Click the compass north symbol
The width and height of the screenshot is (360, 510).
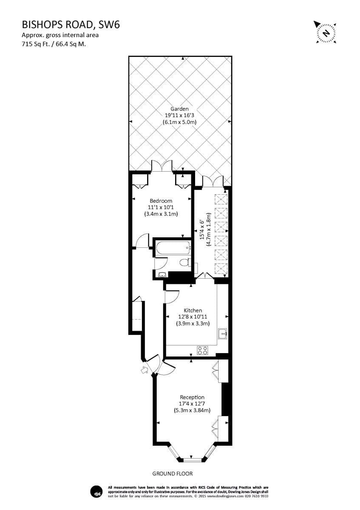tap(326, 32)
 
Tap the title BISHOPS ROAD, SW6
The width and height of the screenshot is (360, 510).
tap(70, 25)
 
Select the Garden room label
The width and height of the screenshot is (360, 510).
tap(179, 109)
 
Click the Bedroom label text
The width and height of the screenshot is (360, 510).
tap(161, 201)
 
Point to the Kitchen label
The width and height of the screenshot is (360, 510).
tap(193, 310)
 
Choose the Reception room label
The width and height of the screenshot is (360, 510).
tap(192, 397)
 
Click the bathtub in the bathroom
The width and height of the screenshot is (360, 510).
tap(172, 249)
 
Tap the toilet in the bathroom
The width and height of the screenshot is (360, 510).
tap(185, 262)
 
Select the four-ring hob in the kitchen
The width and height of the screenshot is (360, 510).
tap(202, 350)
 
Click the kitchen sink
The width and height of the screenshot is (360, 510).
tap(223, 333)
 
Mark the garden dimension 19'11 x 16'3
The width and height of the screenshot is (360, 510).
tap(179, 115)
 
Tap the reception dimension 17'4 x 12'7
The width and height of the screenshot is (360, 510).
tap(192, 404)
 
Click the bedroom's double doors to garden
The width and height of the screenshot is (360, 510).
tap(162, 167)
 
